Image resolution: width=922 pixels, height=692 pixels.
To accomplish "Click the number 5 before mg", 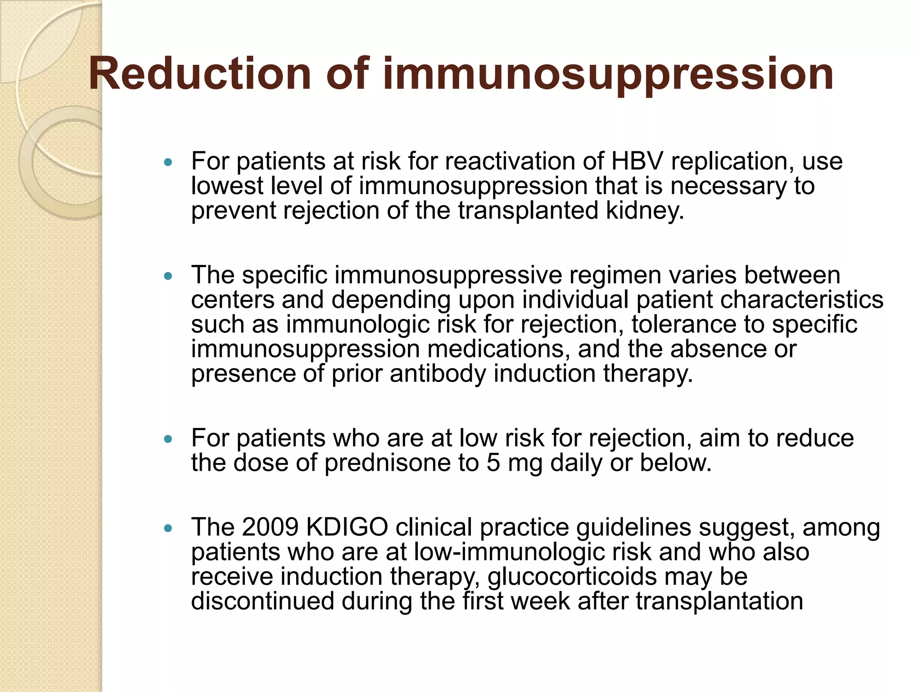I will [493, 463].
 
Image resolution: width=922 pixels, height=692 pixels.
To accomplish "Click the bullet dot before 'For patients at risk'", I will [168, 162].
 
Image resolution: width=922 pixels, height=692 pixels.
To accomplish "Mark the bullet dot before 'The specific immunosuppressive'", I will [168, 276].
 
